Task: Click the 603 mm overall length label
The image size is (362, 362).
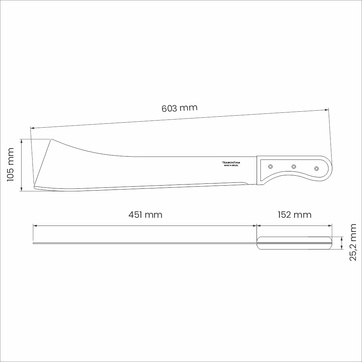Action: pos(179,108)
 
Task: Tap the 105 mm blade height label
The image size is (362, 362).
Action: pos(11,165)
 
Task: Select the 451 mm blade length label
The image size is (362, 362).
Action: pos(145,215)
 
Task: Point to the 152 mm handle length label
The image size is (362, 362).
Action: pos(294,215)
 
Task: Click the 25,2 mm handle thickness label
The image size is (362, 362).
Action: pos(353,242)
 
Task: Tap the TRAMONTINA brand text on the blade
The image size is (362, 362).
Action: pos(231,163)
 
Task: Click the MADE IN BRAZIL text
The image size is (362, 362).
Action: pos(231,165)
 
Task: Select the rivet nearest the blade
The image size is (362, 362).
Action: pos(270,167)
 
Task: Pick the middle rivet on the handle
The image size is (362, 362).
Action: pos(294,167)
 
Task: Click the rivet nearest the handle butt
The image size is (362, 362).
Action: pos(316,169)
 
